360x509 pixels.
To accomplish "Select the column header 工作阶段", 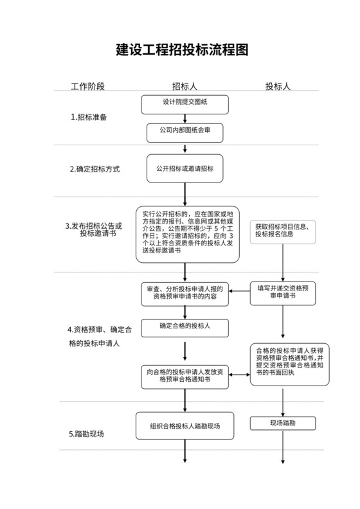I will (87, 86).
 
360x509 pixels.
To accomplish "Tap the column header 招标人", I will (184, 86).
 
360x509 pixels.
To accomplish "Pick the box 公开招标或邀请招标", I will (185, 168).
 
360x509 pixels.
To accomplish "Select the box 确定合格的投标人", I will (185, 327).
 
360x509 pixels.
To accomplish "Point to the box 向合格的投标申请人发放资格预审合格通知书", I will (185, 376).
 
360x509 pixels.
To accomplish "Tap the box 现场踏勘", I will (283, 423).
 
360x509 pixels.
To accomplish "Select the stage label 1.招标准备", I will (89, 118).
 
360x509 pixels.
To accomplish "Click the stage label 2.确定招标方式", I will (95, 170).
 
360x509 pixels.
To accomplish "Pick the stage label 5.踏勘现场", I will (87, 434).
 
